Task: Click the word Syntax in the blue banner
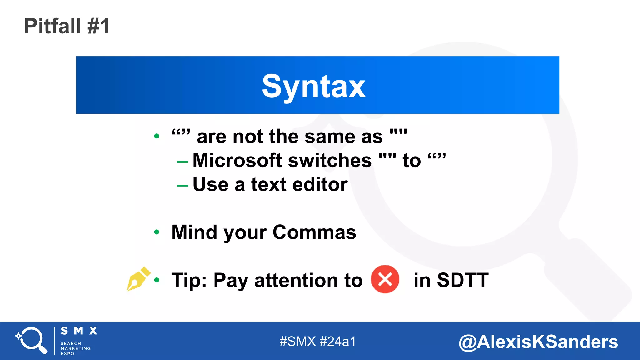313,86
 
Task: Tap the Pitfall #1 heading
67,26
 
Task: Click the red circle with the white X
385,279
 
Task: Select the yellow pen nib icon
137,279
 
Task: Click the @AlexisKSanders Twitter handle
538,342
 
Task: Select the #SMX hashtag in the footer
297,342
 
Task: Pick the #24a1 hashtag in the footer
338,342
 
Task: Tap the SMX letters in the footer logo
79,331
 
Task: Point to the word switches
330,160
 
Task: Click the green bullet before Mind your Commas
157,232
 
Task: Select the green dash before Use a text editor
182,186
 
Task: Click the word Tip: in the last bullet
189,280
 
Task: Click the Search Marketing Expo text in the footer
75,348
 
